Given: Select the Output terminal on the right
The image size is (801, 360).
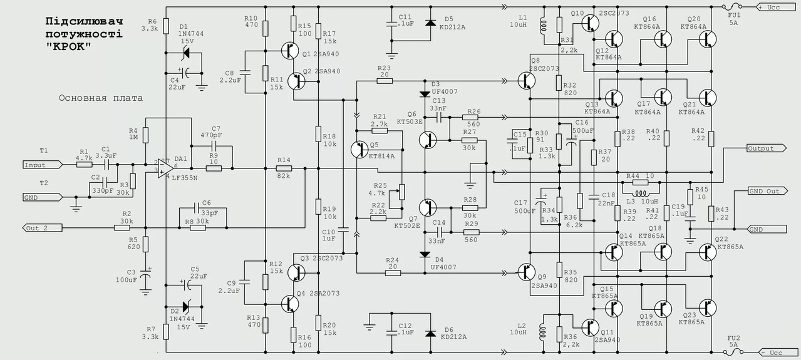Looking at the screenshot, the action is tap(767, 148).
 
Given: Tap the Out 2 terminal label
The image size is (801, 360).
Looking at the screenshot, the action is tap(42, 228).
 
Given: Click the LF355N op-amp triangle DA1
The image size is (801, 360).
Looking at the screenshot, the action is tap(165, 168).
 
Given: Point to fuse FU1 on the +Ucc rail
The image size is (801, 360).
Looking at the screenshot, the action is tap(732, 7).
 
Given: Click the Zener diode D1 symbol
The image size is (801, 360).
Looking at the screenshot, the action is tap(185, 53).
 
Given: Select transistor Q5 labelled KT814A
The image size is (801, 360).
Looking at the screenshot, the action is tap(359, 150).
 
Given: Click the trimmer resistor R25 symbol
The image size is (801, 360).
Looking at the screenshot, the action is tap(401, 192).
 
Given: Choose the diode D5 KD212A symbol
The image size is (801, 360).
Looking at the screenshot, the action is tap(430, 23).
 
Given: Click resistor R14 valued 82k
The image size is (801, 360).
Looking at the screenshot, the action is tap(284, 168).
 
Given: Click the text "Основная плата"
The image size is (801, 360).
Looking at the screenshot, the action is tap(101, 98).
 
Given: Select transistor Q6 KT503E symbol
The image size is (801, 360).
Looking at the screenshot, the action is tap(428, 140).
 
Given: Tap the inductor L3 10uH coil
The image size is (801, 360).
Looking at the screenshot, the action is tap(641, 193).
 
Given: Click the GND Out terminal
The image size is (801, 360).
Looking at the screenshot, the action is tap(767, 191).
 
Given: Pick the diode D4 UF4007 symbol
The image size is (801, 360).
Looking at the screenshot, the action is tap(425, 255).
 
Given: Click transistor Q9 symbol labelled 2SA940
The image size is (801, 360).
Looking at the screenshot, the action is tap(526, 272).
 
